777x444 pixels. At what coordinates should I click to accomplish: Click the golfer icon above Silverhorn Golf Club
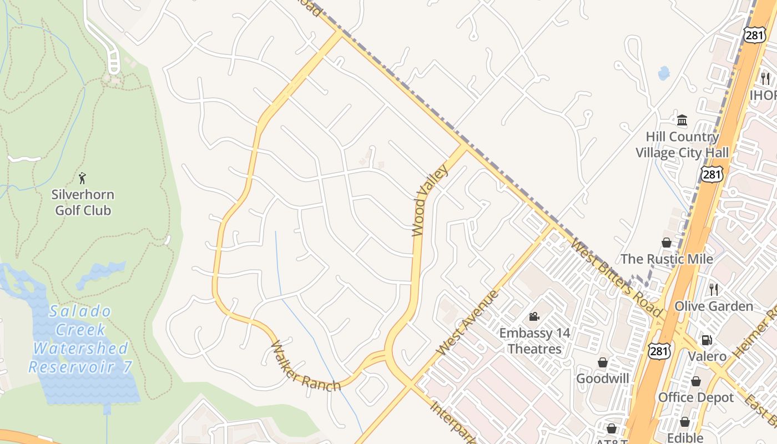click(x=83, y=178)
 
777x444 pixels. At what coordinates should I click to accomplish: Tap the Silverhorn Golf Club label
click(x=83, y=203)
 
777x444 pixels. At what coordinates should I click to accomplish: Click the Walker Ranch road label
click(x=305, y=367)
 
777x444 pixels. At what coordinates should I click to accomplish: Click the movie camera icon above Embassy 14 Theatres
click(x=534, y=316)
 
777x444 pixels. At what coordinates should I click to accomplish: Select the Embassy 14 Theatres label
click(x=534, y=341)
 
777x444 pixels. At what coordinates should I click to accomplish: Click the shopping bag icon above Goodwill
click(x=602, y=362)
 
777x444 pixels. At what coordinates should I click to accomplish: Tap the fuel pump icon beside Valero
click(x=707, y=340)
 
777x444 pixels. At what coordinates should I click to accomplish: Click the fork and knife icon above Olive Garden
click(x=714, y=289)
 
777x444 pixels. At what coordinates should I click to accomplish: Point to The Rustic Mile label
click(x=667, y=259)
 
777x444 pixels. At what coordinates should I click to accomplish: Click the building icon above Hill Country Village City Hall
click(x=682, y=120)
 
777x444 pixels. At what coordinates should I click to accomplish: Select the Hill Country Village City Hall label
click(x=682, y=144)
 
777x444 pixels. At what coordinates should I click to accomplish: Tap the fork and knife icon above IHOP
click(x=765, y=78)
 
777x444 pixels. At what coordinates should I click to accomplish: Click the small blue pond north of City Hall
click(x=663, y=73)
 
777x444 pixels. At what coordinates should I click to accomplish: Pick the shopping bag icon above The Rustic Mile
click(x=667, y=243)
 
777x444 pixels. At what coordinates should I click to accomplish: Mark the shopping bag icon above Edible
click(x=684, y=422)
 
